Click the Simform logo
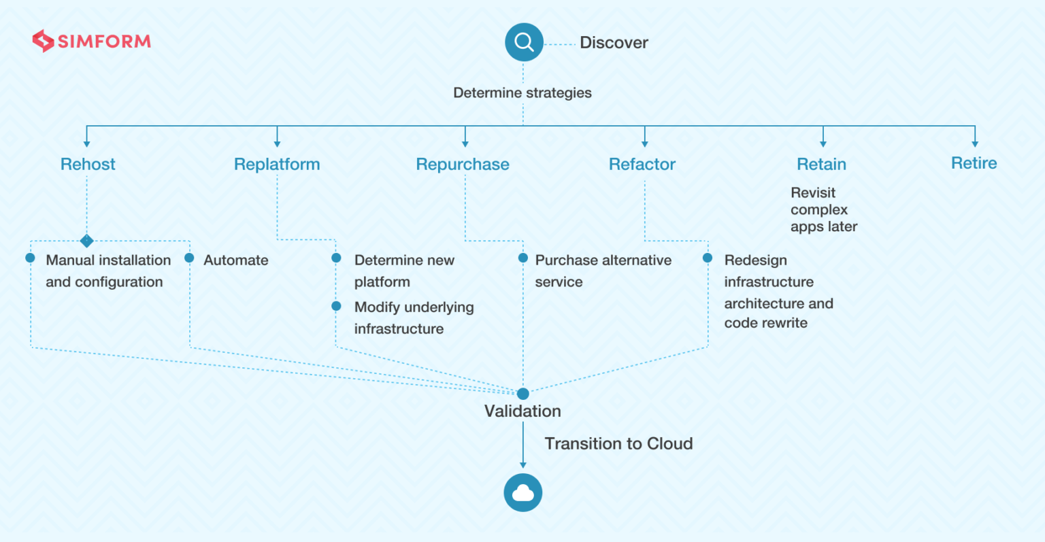click(91, 41)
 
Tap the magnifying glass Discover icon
click(524, 42)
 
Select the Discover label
click(614, 42)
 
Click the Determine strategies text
click(522, 92)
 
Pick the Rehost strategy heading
click(88, 164)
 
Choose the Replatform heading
click(277, 164)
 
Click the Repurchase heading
click(463, 164)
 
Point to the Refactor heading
click(642, 164)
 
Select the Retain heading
click(821, 164)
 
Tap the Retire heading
click(974, 163)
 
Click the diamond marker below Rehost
click(87, 241)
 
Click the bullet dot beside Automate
click(189, 258)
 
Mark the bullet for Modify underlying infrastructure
click(336, 306)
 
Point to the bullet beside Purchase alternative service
click(523, 258)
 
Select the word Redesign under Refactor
click(755, 260)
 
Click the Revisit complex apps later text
click(824, 209)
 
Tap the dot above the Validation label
click(523, 394)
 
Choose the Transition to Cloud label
click(618, 443)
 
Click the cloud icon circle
click(523, 492)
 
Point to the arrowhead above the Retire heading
click(975, 144)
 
